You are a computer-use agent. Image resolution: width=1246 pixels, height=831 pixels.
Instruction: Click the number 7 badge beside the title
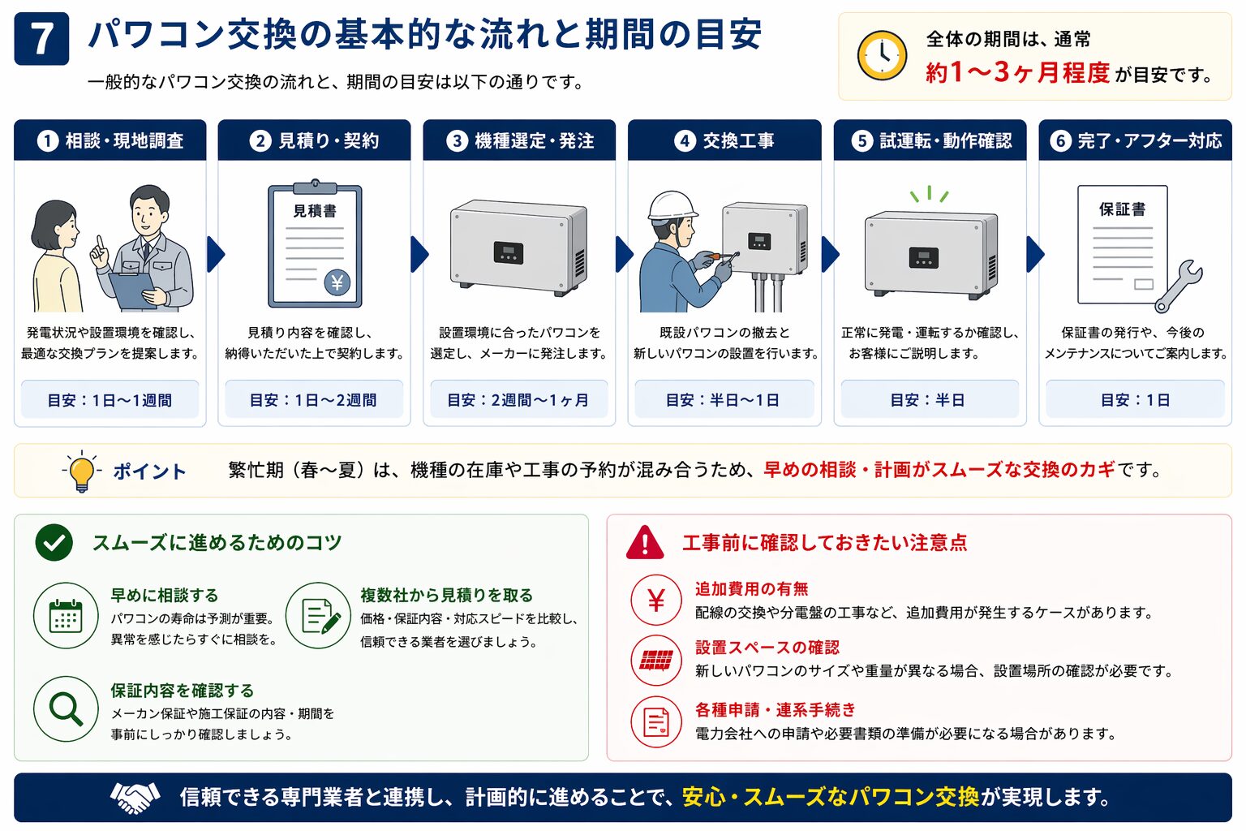pyautogui.click(x=41, y=38)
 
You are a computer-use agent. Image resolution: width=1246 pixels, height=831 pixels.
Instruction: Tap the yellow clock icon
pyautogui.click(x=882, y=55)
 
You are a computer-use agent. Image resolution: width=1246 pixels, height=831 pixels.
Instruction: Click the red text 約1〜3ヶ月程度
pyautogui.click(x=1017, y=73)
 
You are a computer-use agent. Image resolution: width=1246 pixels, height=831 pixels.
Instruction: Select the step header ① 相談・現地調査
pyautogui.click(x=110, y=140)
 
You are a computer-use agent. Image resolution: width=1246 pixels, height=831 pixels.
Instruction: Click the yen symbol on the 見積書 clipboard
pyautogui.click(x=337, y=282)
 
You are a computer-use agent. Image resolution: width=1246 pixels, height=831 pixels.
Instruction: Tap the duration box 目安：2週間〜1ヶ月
pyautogui.click(x=518, y=400)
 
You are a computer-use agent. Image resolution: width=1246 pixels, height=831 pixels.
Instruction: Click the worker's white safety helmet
pyautogui.click(x=672, y=205)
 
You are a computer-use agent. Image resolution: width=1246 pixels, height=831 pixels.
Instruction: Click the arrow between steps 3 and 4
pyautogui.click(x=623, y=254)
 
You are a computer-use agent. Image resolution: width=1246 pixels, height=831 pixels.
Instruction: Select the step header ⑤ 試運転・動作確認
pyautogui.click(x=930, y=140)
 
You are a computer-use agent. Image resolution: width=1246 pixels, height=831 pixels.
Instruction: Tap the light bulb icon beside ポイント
pyautogui.click(x=81, y=471)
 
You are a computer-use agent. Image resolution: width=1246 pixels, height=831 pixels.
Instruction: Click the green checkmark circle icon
pyautogui.click(x=54, y=543)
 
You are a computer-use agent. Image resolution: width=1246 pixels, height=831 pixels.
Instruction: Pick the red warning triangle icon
pyautogui.click(x=645, y=543)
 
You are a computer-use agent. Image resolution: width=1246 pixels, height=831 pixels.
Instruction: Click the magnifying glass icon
pyautogui.click(x=66, y=708)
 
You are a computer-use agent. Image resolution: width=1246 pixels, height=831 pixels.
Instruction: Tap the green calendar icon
pyautogui.click(x=66, y=616)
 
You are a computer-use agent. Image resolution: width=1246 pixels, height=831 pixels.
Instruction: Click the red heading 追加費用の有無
pyautogui.click(x=751, y=588)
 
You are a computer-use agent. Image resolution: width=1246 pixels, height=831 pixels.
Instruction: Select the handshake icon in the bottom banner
pyautogui.click(x=135, y=797)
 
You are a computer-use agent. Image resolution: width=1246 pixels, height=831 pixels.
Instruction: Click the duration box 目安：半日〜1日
pyautogui.click(x=724, y=400)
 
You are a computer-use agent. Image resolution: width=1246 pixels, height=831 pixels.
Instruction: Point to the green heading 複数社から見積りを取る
pyautogui.click(x=446, y=595)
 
